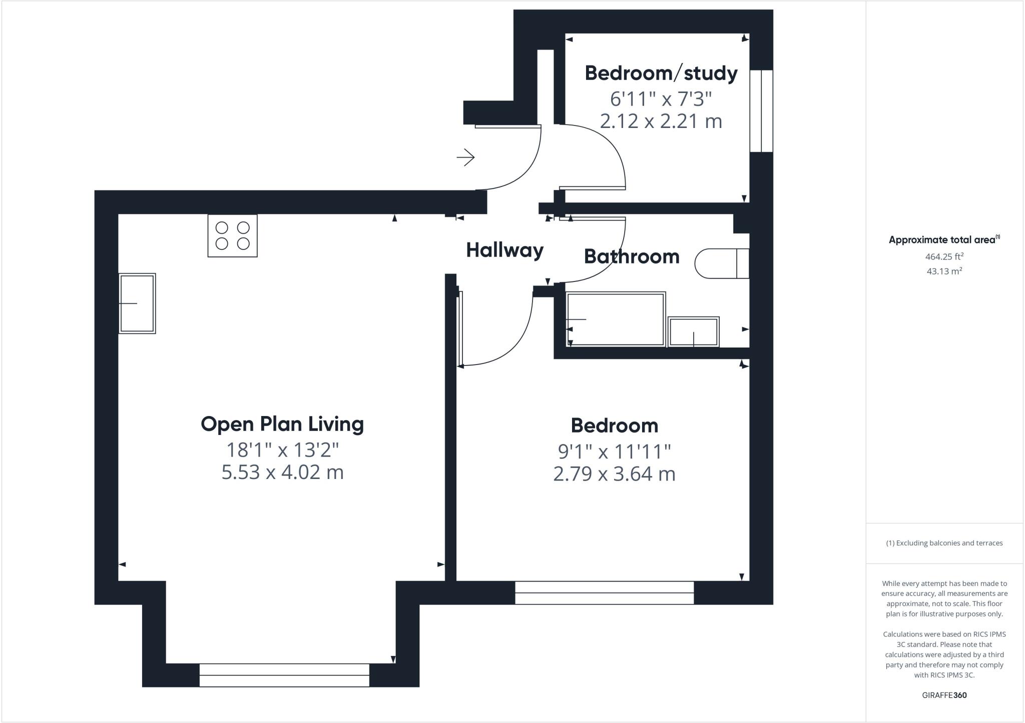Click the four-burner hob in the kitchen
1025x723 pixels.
[x=232, y=235]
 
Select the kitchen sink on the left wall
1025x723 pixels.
[x=137, y=303]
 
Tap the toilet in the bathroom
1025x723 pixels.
[x=721, y=263]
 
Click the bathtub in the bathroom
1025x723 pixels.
[x=616, y=319]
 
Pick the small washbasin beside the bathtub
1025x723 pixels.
[x=694, y=331]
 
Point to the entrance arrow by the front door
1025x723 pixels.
[x=465, y=157]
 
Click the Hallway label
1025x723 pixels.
[x=504, y=250]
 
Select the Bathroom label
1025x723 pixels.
[x=632, y=256]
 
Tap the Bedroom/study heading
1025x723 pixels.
[x=661, y=73]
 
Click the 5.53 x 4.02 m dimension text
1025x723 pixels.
[x=282, y=472]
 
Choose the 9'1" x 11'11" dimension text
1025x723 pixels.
[x=614, y=451]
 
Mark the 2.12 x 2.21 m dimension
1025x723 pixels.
[x=661, y=121]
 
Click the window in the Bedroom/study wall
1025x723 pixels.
[x=761, y=111]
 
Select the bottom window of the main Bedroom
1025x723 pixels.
[x=604, y=592]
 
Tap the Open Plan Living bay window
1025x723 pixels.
[x=284, y=675]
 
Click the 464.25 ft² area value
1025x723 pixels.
[x=944, y=256]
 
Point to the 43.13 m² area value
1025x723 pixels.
[x=944, y=271]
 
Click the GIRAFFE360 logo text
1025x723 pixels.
[x=944, y=695]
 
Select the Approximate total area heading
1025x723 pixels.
[x=944, y=239]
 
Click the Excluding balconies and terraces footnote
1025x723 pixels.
[x=944, y=543]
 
